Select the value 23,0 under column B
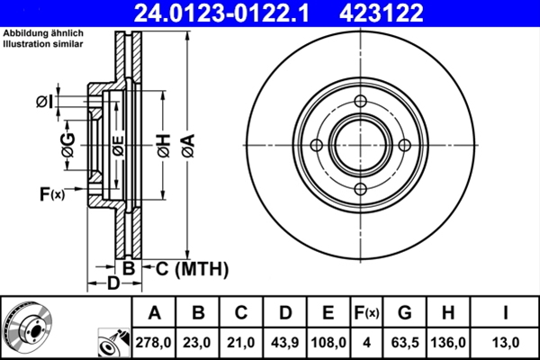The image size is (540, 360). click(198, 343)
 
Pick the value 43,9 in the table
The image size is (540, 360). click(284, 343)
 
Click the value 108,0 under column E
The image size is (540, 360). click(328, 343)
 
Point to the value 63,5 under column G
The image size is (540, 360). click(404, 343)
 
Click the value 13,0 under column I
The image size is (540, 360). click(507, 343)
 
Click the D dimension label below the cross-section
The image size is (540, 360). click(112, 284)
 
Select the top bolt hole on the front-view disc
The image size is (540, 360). click(360, 102)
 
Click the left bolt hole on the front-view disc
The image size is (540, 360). click(317, 146)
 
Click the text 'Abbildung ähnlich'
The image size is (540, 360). click(38, 32)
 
